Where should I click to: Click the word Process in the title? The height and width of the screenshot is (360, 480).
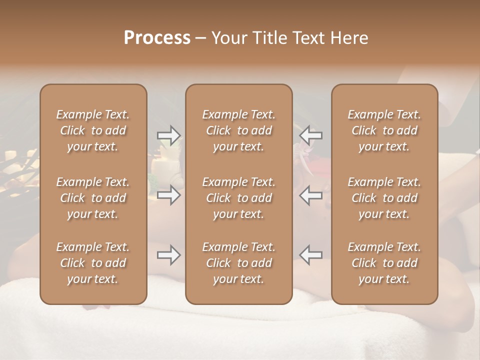(157, 38)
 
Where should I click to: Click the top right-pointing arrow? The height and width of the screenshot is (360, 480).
(168, 135)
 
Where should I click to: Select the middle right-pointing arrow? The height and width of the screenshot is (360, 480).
(168, 194)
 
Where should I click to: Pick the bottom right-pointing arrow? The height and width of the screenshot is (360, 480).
(168, 255)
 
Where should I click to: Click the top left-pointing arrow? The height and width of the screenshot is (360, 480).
(311, 135)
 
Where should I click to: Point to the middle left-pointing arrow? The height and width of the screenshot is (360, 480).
(311, 194)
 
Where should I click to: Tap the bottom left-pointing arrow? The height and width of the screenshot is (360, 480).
(311, 255)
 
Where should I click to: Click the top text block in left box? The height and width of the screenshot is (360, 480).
(93, 130)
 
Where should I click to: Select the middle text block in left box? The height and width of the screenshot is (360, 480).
(93, 198)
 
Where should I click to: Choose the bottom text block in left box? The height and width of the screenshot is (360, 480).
(93, 263)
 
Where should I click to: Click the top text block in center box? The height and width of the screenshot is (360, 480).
(239, 130)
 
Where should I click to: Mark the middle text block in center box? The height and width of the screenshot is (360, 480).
(239, 198)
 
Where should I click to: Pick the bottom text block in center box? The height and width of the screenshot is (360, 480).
(239, 263)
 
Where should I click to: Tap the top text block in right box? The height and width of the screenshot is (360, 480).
(384, 130)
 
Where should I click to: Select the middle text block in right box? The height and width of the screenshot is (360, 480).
(384, 198)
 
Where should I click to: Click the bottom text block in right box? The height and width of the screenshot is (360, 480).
(384, 263)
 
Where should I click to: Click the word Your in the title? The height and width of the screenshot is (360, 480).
(227, 38)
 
